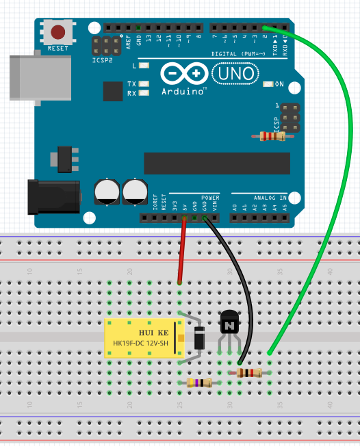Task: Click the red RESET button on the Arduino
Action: tap(58, 31)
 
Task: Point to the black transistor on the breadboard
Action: tap(229, 322)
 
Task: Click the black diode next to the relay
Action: tap(200, 338)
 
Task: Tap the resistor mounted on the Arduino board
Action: tap(272, 136)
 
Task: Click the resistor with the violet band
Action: tap(199, 383)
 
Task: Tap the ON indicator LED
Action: tap(268, 84)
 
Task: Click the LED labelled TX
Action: tap(144, 84)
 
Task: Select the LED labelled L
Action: tap(144, 66)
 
